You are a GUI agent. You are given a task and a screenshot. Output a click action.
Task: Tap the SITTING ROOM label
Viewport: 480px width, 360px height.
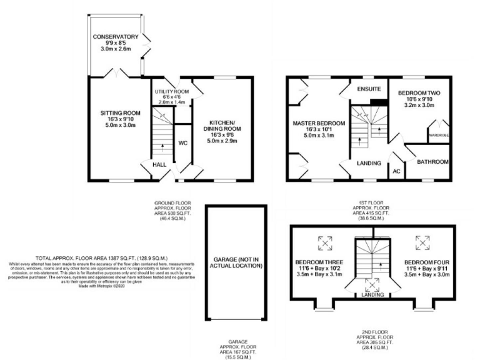pos(121,113)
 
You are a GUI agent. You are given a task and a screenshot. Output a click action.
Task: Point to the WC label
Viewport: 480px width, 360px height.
pos(183,143)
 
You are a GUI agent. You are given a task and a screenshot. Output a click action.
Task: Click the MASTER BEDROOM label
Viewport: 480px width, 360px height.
pos(319,123)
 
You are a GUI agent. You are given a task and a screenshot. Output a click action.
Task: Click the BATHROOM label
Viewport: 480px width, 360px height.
pos(433,162)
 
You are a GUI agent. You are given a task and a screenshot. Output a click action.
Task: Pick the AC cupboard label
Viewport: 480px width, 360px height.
pos(396,171)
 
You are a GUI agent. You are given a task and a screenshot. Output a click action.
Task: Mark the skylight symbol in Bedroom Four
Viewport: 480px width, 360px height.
pos(423,241)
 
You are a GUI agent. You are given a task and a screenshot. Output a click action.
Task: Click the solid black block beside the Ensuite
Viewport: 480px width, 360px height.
pos(377,102)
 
